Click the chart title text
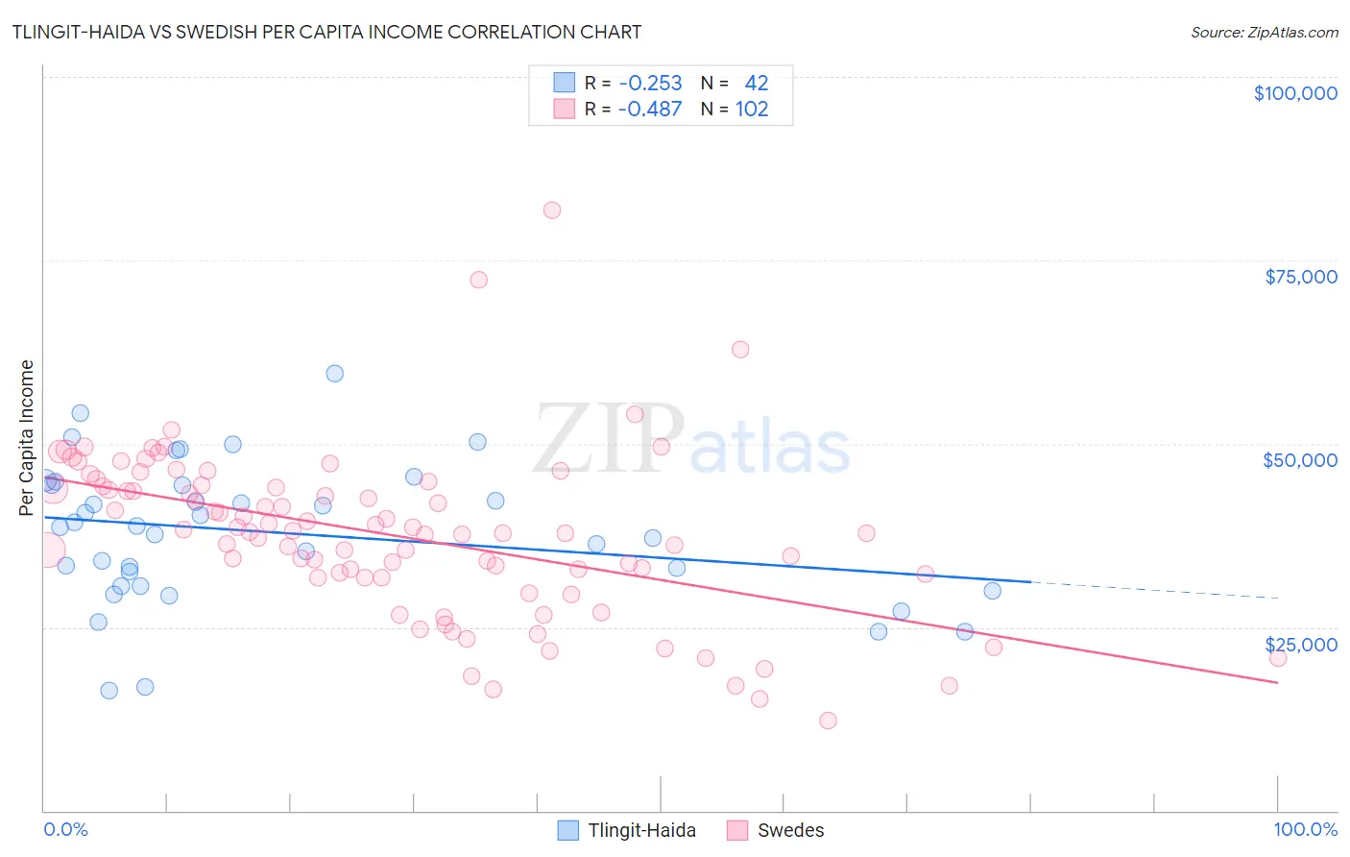(326, 32)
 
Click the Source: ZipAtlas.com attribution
(1264, 32)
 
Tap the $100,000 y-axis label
(1295, 93)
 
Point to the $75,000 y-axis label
(1301, 277)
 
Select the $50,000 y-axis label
(1300, 460)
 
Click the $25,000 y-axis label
(1301, 644)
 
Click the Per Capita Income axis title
(27, 438)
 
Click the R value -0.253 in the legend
(650, 84)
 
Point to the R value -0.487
(650, 110)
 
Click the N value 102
(752, 110)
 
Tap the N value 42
(757, 84)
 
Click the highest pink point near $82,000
(552, 210)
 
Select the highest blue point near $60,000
(335, 374)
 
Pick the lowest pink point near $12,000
(828, 721)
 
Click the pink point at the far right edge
(1278, 658)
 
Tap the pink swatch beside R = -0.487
(564, 110)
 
